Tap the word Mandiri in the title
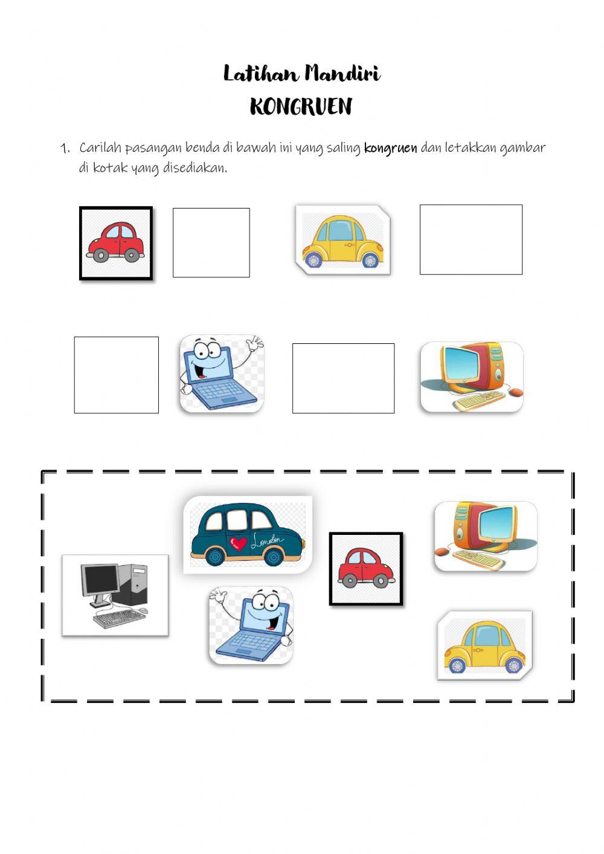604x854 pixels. pyautogui.click(x=343, y=74)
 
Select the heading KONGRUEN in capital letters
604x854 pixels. pyautogui.click(x=301, y=106)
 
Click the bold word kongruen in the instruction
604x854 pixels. pyautogui.click(x=391, y=148)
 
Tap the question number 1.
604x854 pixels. pyautogui.click(x=65, y=148)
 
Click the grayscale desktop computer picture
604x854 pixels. pyautogui.click(x=115, y=595)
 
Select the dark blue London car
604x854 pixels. pyautogui.click(x=248, y=535)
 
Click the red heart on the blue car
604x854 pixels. pyautogui.click(x=238, y=543)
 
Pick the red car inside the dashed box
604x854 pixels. pyautogui.click(x=366, y=569)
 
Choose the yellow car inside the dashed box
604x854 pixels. pyautogui.click(x=485, y=645)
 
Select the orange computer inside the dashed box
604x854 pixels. pyautogui.click(x=486, y=536)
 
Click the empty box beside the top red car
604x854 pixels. pyautogui.click(x=211, y=242)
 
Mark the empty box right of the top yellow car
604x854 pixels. pyautogui.click(x=471, y=239)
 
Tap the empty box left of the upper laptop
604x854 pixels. pyautogui.click(x=116, y=375)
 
